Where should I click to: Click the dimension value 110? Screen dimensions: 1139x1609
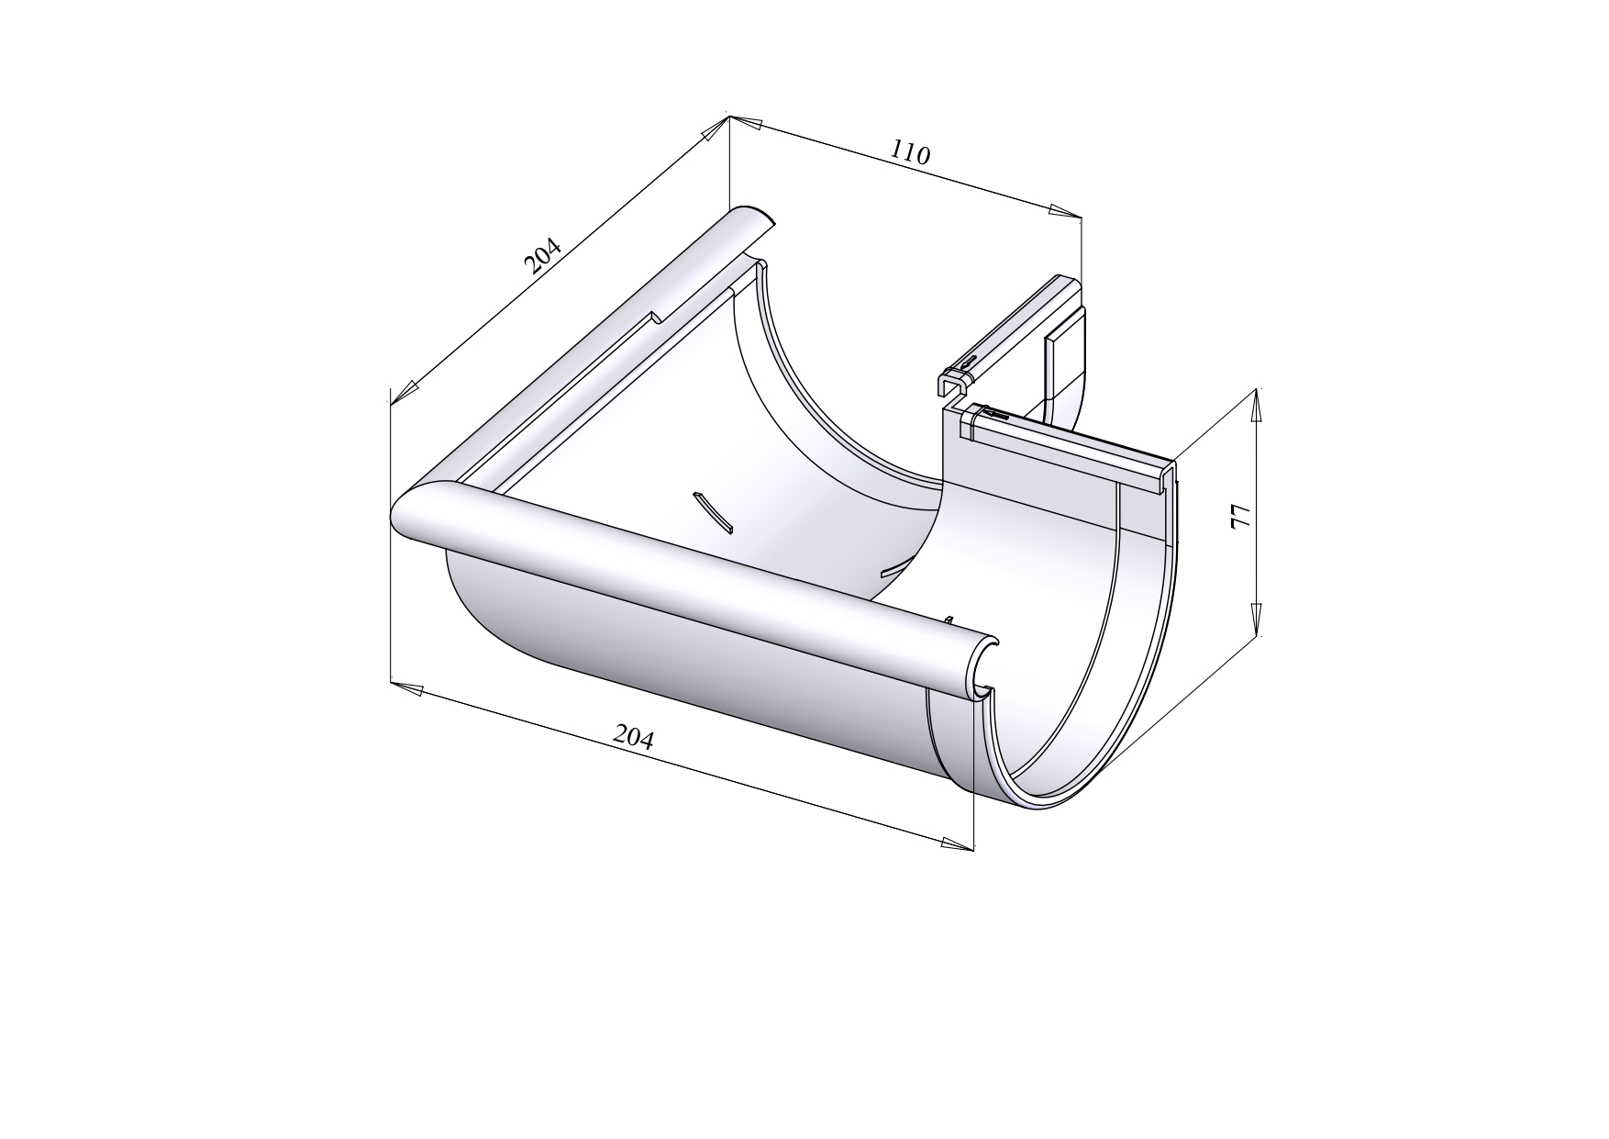tap(910, 153)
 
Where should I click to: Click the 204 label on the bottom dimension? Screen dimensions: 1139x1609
tap(633, 736)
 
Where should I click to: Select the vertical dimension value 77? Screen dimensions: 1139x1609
tap(1239, 516)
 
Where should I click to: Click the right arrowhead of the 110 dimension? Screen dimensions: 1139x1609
tap(1064, 212)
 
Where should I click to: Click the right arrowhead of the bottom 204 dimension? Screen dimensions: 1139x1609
tap(956, 843)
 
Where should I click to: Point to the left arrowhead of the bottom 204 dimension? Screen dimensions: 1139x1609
tap(408, 688)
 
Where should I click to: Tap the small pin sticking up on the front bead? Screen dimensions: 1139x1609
tap(949, 620)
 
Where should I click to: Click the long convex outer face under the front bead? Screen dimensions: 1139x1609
tap(697, 661)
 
